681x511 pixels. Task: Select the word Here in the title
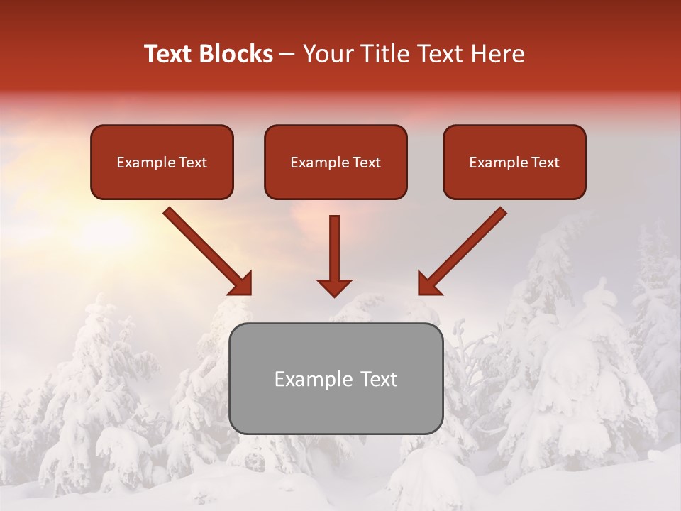pyautogui.click(x=498, y=54)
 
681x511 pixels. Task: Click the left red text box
pyautogui.click(x=162, y=162)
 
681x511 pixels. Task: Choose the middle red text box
pyautogui.click(x=336, y=162)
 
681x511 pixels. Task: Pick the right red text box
pyautogui.click(x=514, y=162)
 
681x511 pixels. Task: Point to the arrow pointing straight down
pyautogui.click(x=334, y=255)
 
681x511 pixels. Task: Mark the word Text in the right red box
pyautogui.click(x=546, y=163)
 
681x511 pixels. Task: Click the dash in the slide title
pyautogui.click(x=287, y=55)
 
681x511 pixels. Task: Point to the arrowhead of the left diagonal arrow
pyautogui.click(x=242, y=285)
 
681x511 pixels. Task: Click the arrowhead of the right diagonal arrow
pyautogui.click(x=428, y=285)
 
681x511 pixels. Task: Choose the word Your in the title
pyautogui.click(x=323, y=54)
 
